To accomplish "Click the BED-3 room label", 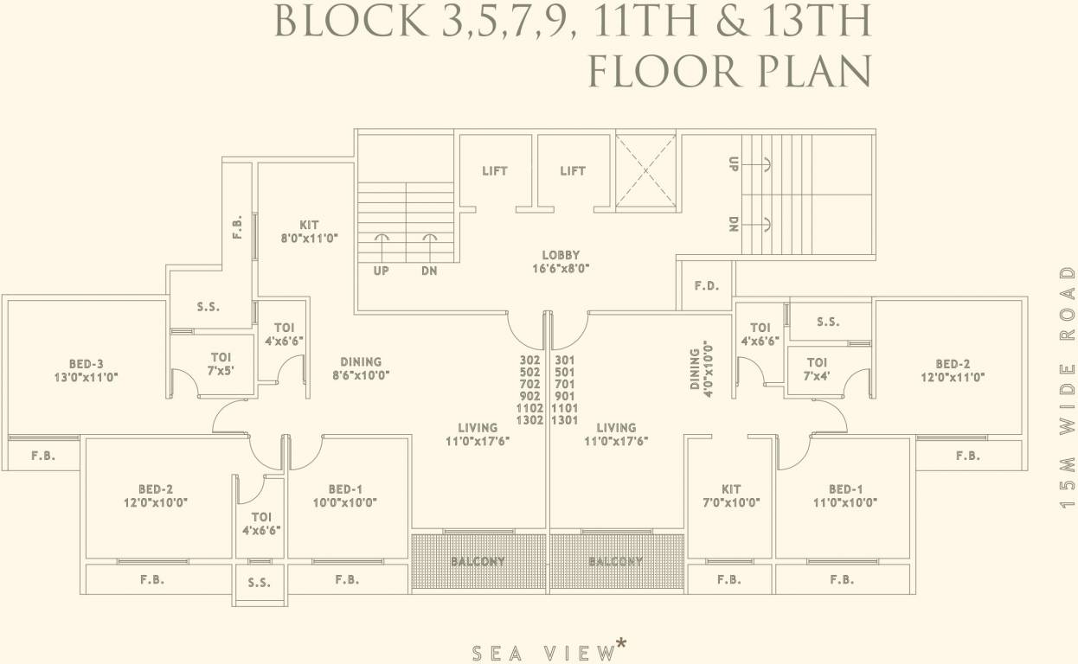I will [x=86, y=370].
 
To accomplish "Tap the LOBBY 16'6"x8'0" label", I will [x=561, y=261].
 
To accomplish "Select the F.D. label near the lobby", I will [x=707, y=286].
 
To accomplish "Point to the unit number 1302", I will [x=529, y=420].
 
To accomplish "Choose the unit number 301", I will [x=564, y=360].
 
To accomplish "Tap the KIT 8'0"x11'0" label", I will [x=309, y=231].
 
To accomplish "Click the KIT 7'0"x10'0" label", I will [x=731, y=495].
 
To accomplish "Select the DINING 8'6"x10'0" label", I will [x=360, y=368].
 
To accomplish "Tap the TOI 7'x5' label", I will [x=221, y=363].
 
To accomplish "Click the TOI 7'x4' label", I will [x=816, y=369].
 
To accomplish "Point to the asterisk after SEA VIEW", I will [x=620, y=643].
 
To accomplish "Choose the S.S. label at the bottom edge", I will [x=259, y=583].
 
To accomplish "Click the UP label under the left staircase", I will [x=381, y=271].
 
